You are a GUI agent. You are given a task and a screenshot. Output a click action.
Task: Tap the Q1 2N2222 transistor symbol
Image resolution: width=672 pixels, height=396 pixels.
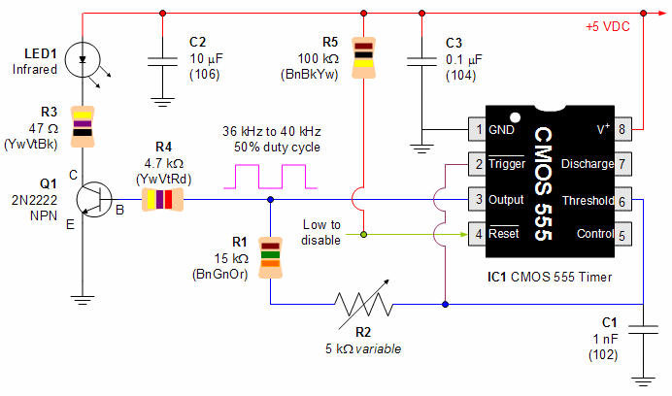pos(94,201)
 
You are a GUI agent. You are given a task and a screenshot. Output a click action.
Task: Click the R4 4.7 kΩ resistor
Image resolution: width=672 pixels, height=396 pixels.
pos(162,201)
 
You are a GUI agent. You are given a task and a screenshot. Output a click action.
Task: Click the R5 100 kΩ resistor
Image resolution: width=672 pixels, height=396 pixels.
pos(362,57)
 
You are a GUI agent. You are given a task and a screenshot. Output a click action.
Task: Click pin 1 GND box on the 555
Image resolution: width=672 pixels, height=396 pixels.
pos(476,128)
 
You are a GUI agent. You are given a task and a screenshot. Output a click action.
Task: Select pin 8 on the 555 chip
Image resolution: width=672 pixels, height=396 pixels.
pos(622,128)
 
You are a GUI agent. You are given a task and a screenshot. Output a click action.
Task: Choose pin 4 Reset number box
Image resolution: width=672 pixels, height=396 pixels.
pos(476,234)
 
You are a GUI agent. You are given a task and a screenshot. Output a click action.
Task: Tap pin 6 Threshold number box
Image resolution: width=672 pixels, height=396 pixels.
pos(622,200)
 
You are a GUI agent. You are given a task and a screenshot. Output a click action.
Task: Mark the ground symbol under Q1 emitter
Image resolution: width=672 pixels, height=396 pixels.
pos(83,299)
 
